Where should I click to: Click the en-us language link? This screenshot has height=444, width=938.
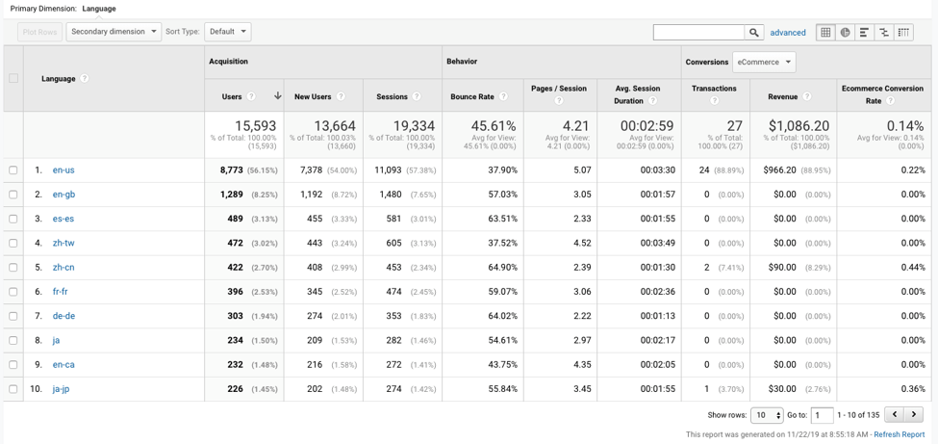pos(63,170)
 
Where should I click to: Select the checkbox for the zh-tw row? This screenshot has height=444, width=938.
pos(13,244)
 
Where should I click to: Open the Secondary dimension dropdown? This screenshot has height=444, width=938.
pos(114,32)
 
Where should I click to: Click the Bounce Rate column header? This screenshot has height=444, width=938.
pos(471,96)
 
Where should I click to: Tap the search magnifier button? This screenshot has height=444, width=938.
pos(754,33)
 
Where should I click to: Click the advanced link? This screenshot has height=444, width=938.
pos(788,33)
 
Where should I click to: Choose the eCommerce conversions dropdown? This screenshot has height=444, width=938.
pos(764,62)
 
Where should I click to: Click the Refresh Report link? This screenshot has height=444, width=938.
pos(900,434)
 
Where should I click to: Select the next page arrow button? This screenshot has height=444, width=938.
pos(914,414)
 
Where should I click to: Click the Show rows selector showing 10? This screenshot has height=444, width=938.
pos(767,415)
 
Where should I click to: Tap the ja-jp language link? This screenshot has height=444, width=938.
pos(61,389)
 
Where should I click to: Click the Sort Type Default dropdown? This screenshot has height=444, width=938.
pos(228,32)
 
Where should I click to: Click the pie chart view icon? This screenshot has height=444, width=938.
pos(845,33)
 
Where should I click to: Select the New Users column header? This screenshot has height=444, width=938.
pos(313,96)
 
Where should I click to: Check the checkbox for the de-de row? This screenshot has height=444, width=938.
pos(13,316)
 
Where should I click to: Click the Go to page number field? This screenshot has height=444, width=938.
pos(822,415)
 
